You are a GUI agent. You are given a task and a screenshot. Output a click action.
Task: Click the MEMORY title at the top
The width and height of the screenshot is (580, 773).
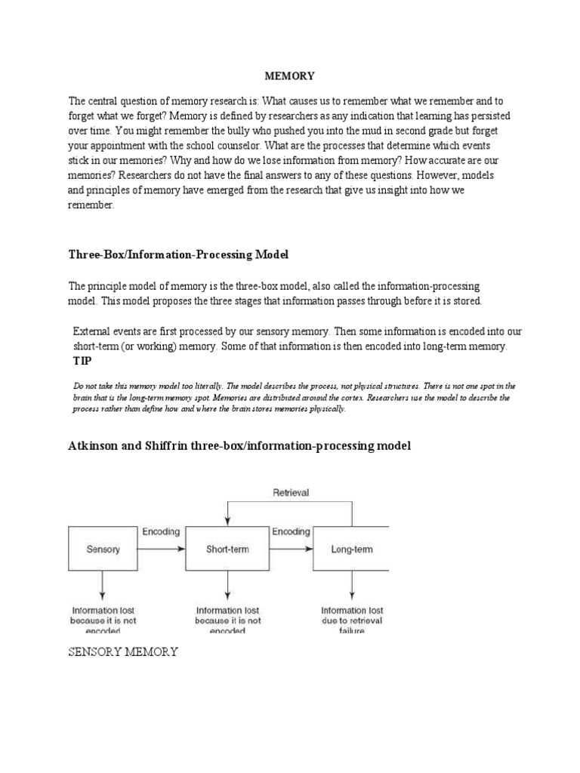coord(289,76)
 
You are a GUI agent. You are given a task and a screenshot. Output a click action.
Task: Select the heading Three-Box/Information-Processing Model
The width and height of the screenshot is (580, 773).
coord(179,254)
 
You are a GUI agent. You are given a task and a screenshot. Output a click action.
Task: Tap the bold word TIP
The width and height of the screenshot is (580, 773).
coord(82,361)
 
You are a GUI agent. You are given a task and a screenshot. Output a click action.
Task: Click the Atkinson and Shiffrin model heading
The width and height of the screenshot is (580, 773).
coord(239,446)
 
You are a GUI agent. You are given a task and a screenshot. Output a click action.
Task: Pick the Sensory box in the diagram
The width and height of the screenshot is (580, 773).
coord(103,550)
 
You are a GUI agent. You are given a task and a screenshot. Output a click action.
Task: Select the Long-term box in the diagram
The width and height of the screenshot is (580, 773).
coord(351,550)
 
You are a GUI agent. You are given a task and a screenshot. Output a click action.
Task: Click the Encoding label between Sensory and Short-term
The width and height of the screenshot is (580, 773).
coord(161,531)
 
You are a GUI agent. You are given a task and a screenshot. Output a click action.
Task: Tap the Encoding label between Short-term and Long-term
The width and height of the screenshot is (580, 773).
coord(291,531)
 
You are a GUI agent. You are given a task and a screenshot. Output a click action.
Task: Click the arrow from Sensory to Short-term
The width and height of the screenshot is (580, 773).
coord(161,549)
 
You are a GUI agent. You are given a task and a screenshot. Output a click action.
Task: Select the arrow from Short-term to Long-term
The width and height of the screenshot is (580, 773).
coord(291,549)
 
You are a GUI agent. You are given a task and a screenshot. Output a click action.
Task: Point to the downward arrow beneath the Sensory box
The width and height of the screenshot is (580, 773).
coord(103,587)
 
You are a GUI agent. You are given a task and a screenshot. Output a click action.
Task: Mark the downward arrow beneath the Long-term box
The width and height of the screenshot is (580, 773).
coord(351,587)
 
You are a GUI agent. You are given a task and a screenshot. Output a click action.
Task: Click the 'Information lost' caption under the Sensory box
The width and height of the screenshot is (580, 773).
coord(103,610)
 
